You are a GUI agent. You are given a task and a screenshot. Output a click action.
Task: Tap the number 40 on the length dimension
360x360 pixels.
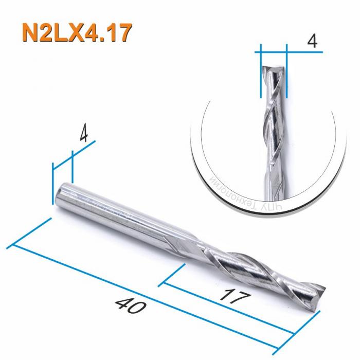(128, 307)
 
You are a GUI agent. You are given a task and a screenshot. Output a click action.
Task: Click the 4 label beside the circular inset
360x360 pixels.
(311, 42)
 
